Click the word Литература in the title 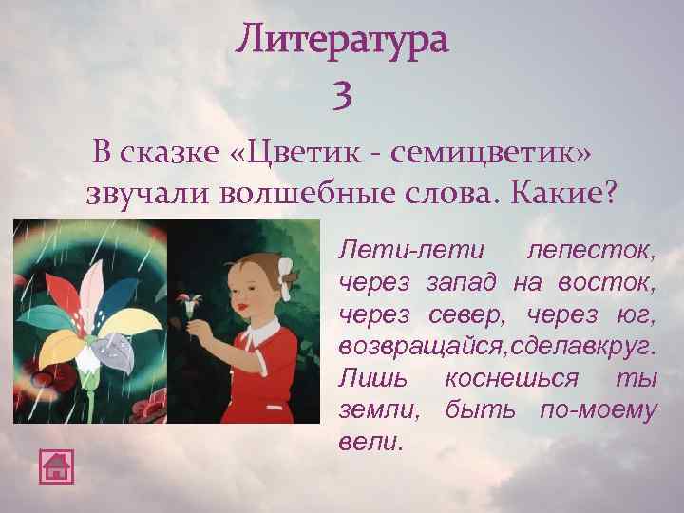tap(342, 42)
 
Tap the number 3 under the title tap(343, 94)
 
